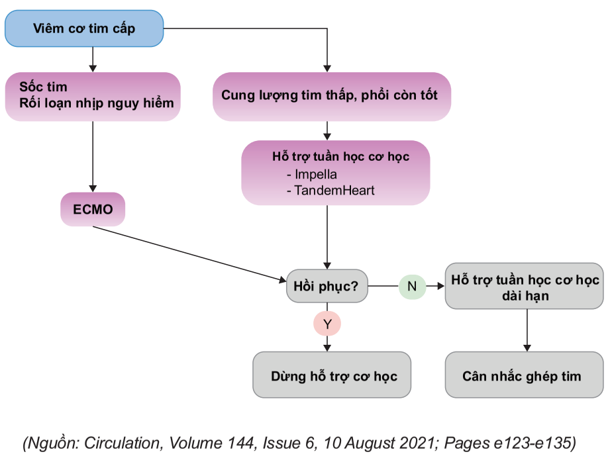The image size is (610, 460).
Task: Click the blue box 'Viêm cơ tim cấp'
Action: pos(83,28)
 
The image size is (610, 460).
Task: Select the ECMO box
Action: pos(93,210)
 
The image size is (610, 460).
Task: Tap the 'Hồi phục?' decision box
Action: pos(326,287)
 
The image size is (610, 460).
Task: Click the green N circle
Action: pos(412,287)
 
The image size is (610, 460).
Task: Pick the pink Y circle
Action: pos(327,324)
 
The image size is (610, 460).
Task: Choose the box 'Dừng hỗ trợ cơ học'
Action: pos(332,375)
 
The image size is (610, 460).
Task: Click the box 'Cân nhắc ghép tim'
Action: pos(522,375)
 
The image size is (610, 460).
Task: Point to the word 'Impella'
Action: pos(316,175)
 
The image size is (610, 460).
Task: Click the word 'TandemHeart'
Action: pos(330,191)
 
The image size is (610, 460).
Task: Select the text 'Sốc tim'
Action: pos(44,87)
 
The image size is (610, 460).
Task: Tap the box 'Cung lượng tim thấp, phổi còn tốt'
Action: pos(329,96)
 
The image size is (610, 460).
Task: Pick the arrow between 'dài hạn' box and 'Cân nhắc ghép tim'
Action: pos(527,330)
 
